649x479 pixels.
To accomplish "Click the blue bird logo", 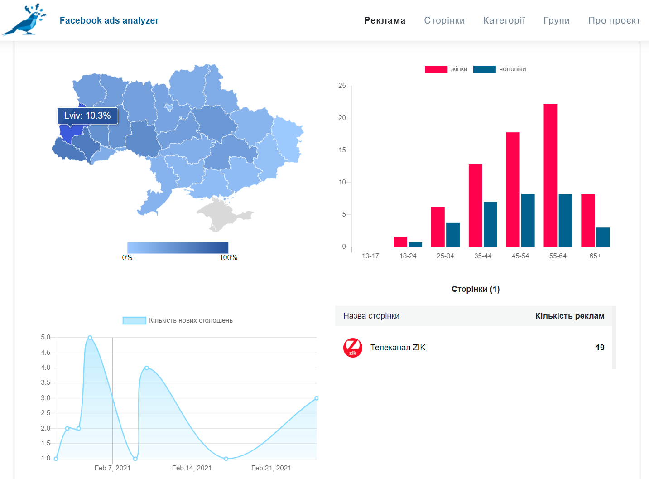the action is point(24,20).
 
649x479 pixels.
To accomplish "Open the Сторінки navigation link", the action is point(444,20).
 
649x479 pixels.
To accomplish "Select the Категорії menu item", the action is point(504,20).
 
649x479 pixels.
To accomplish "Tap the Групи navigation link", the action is point(556,20).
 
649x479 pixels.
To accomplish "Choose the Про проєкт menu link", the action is point(614,20).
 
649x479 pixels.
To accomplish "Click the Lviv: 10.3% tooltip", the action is point(87,116).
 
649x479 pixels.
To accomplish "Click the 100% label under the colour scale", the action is point(228,257).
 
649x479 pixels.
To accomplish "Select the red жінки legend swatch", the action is point(436,69).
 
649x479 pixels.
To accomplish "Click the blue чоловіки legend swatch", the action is point(484,69).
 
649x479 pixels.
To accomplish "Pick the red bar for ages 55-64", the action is point(550,175).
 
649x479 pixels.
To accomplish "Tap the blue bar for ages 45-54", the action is point(528,220).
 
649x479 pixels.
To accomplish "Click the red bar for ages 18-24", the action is point(400,242).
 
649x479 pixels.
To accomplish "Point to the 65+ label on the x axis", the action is point(595,256).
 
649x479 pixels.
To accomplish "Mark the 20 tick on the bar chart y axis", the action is point(342,118).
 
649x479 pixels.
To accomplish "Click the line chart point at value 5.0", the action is point(90,338).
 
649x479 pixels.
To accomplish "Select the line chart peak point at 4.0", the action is point(147,368).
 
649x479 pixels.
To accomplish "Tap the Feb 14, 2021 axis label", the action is point(192,468).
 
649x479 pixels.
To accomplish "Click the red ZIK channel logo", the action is point(353,348).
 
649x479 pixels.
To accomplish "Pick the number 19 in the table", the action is point(600,348).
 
